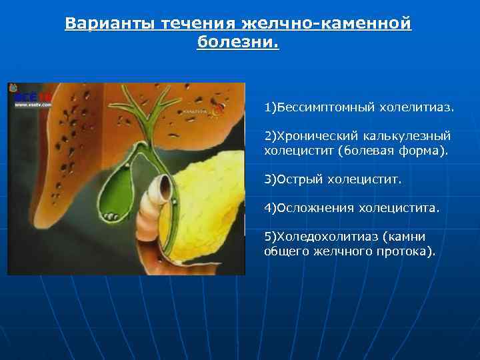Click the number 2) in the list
coord(271,136)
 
